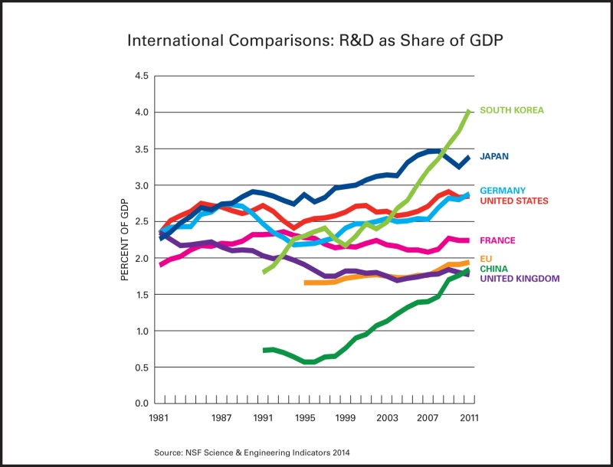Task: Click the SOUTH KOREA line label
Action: pyautogui.click(x=511, y=110)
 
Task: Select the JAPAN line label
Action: pyautogui.click(x=494, y=157)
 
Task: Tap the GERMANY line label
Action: pyautogui.click(x=503, y=191)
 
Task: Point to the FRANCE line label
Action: pyautogui.click(x=497, y=240)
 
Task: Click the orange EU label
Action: pyautogui.click(x=486, y=259)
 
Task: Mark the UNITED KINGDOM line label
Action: pyautogui.click(x=520, y=279)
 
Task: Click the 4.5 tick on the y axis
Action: pyautogui.click(x=141, y=76)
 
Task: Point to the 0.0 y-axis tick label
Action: pyautogui.click(x=141, y=403)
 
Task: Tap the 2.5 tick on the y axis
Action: pyautogui.click(x=141, y=222)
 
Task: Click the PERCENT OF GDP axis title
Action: pyautogui.click(x=125, y=240)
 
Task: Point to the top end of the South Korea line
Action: pyautogui.click(x=469, y=111)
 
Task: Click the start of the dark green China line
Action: pyautogui.click(x=264, y=350)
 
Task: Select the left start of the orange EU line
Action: pyautogui.click(x=305, y=282)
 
